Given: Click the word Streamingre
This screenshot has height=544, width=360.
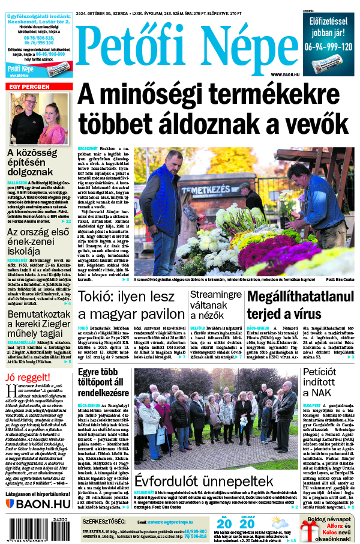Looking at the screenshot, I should pyautogui.click(x=215, y=294).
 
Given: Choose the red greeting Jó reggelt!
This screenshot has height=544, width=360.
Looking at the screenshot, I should pyautogui.click(x=26, y=377).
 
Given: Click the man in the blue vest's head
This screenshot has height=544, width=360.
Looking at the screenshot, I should pyautogui.click(x=173, y=160).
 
